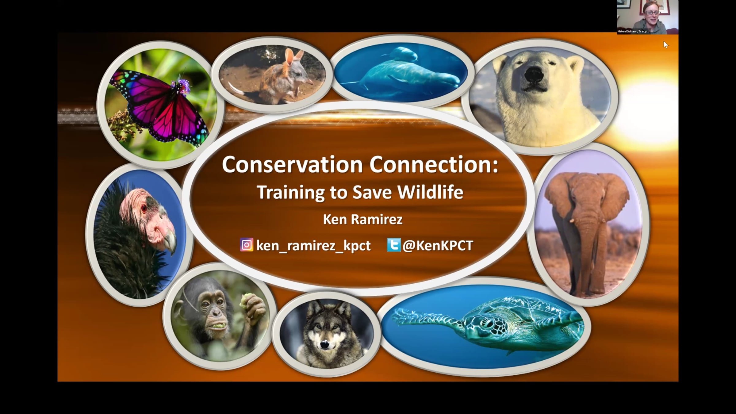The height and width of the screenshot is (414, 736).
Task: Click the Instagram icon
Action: (247, 245)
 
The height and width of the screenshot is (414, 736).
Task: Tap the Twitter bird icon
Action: (394, 245)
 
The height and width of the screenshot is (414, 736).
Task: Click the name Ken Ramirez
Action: (362, 220)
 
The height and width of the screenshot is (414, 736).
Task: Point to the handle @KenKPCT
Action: (438, 246)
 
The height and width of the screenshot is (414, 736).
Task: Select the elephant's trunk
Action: (586, 239)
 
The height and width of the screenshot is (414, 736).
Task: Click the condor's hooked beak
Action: (169, 242)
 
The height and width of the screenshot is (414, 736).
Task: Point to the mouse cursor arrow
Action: (666, 45)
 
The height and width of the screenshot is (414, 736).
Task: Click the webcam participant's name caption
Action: (633, 31)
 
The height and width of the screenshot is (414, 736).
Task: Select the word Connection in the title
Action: (434, 165)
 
